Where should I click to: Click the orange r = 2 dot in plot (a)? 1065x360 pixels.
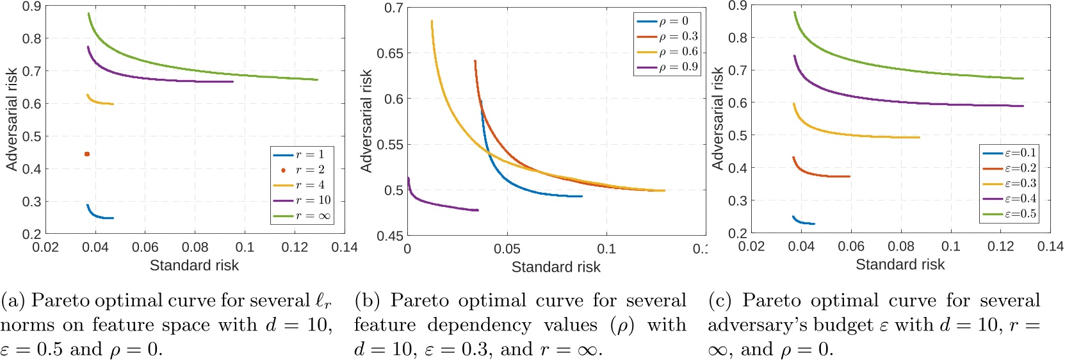(x=87, y=154)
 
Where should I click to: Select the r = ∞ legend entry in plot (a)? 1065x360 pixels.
(x=302, y=216)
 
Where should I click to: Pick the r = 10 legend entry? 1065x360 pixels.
(x=302, y=200)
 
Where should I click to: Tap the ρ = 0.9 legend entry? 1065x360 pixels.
(x=667, y=67)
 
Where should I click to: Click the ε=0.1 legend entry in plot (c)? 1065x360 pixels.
(x=1009, y=153)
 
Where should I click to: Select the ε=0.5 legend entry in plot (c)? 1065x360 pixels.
(x=1009, y=214)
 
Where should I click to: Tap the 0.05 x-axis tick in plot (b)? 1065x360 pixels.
(x=507, y=249)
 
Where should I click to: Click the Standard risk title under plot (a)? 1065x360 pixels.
(x=194, y=265)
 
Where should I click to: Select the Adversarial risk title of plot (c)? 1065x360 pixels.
(x=717, y=119)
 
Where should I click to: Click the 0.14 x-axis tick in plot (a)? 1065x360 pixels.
(x=345, y=247)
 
